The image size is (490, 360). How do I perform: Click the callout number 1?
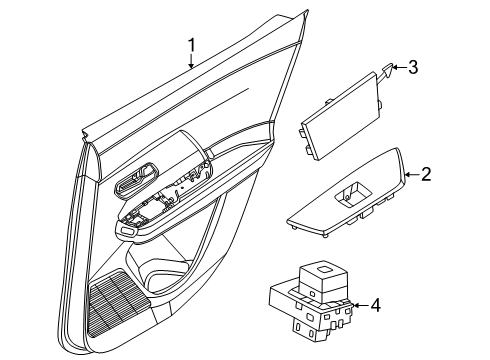(191, 45)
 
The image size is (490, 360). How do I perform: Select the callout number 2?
(426, 174)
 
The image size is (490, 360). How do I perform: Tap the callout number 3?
(413, 67)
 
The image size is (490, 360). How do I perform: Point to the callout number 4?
(376, 305)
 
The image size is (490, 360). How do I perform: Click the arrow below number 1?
(191, 62)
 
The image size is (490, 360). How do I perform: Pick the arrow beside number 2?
(412, 174)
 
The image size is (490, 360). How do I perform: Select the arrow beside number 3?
(399, 67)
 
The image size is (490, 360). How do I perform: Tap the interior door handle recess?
(137, 180)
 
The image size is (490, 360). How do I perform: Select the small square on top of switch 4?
(324, 269)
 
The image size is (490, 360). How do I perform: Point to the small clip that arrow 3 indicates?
(387, 71)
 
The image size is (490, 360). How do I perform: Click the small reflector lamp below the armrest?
(127, 230)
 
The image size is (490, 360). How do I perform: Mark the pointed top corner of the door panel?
(307, 11)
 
